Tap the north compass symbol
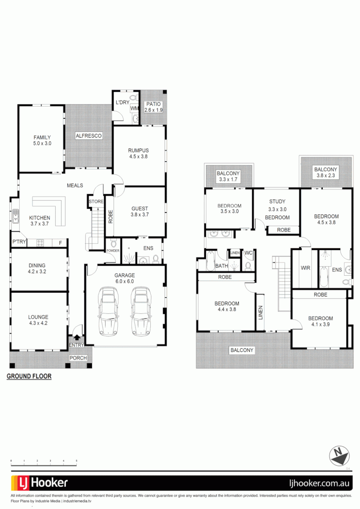click(339, 455)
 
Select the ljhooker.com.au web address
click(318, 483)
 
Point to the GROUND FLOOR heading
click(29, 377)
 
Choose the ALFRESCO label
click(89, 136)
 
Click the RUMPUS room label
click(138, 153)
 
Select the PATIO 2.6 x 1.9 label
click(153, 107)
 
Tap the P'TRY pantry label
click(19, 242)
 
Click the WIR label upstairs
click(305, 268)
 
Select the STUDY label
click(277, 202)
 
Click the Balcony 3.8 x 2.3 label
click(326, 172)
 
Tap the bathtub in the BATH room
click(210, 261)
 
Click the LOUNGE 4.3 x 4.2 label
click(38, 320)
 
